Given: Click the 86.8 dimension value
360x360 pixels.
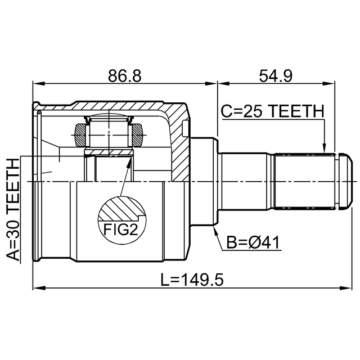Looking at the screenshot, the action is (125, 76).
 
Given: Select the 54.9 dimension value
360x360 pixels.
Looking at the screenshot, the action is (276, 76).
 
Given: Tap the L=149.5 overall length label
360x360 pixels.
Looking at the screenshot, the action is (192, 280).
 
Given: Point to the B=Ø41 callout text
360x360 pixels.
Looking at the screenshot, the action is (253, 242).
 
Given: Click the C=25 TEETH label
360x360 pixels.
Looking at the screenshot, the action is (272, 111).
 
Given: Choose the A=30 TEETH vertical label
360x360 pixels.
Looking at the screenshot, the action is (13, 209).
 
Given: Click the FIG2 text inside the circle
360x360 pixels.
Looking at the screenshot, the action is (120, 229).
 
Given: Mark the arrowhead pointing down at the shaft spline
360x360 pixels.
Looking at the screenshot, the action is (324, 148).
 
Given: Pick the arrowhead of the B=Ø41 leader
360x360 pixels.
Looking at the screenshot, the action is (215, 231).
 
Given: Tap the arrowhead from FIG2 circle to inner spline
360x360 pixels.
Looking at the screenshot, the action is (130, 161).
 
